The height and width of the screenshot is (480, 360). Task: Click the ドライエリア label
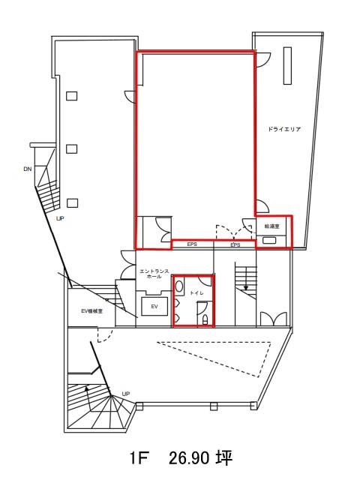(x=284, y=129)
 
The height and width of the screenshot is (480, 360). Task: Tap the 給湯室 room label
(x=272, y=226)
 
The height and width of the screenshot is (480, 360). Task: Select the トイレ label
(x=196, y=293)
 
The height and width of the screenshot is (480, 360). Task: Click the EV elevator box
(x=154, y=306)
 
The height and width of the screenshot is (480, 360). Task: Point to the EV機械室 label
(x=91, y=311)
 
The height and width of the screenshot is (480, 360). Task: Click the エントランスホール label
(x=154, y=274)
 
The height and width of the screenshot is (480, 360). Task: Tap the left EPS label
(x=192, y=244)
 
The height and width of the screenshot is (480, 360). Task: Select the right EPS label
(x=235, y=245)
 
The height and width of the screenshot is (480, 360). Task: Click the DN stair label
(x=28, y=169)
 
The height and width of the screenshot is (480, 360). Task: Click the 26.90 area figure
(x=189, y=458)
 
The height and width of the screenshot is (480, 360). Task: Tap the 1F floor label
(x=139, y=458)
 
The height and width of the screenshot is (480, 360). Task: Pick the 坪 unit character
(x=225, y=458)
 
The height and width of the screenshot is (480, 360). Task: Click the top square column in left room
(x=72, y=96)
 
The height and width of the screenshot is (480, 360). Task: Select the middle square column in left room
(x=72, y=148)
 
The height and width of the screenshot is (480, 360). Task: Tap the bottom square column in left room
(x=72, y=203)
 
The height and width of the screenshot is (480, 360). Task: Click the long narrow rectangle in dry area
(x=287, y=65)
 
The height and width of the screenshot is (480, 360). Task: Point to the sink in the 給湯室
(x=269, y=240)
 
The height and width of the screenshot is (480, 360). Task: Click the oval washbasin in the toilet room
(x=179, y=286)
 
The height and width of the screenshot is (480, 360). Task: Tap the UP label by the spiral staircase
(x=125, y=394)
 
